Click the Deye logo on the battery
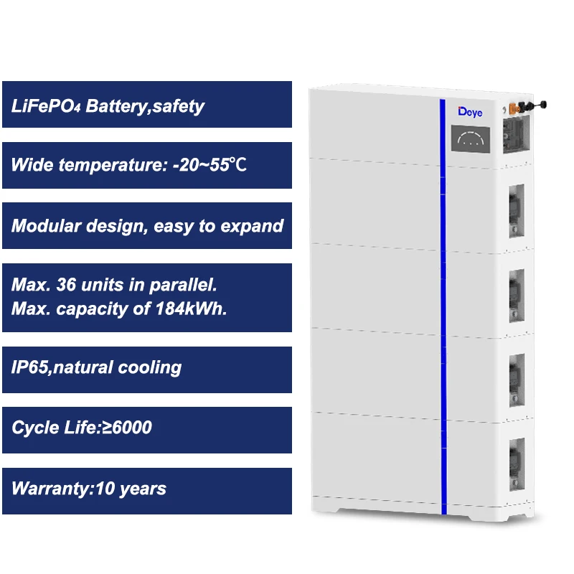coord(471,113)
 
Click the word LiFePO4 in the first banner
coord(46,106)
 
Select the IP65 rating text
coord(29,368)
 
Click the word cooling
coord(151,368)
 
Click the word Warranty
coord(47,489)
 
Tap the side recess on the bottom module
coord(516,464)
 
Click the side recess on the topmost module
coord(517,134)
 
